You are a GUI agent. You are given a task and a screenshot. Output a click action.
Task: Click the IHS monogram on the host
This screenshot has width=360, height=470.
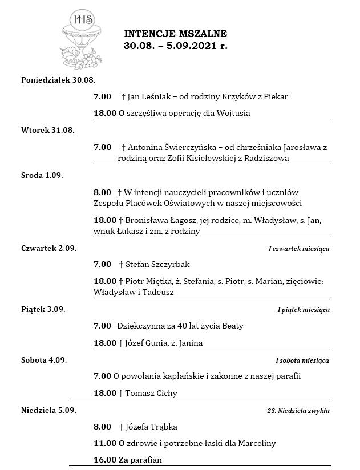tap(80, 20)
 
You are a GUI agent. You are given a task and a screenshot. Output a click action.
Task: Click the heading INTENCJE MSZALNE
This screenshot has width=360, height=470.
tap(176, 34)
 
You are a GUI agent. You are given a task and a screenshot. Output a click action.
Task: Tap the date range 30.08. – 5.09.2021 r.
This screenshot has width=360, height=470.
tap(176, 46)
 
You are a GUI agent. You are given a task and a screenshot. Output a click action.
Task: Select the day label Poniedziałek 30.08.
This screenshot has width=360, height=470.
tap(58, 79)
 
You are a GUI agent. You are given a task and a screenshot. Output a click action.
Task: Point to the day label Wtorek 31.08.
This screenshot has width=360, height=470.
tap(48, 130)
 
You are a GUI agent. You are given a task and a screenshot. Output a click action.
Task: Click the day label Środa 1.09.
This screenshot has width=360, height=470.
tap(42, 175)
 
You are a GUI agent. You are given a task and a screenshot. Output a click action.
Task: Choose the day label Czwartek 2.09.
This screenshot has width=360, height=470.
tap(48, 248)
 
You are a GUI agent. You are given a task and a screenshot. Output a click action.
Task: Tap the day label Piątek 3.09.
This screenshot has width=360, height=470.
tap(43, 309)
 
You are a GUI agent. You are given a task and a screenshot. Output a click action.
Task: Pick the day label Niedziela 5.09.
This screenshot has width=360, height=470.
tap(48, 410)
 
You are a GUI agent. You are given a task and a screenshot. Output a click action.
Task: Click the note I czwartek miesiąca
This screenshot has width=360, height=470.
tap(298, 249)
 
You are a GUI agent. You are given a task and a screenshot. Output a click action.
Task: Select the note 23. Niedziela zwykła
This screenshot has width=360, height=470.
tap(298, 411)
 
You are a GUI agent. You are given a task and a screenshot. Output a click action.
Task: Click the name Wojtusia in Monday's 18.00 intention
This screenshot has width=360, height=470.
tap(233, 113)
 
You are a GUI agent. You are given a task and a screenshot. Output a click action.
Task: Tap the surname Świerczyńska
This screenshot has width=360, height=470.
tap(182, 147)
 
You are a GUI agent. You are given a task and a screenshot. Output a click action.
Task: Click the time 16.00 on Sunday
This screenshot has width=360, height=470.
tap(104, 460)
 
